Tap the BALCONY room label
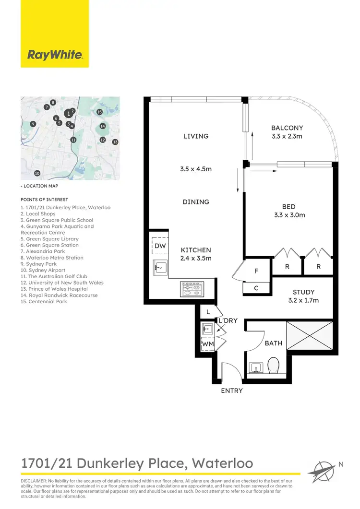click(287, 128)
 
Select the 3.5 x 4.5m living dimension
click(196, 169)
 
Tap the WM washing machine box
click(207, 344)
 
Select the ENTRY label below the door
click(232, 391)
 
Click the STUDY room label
click(303, 292)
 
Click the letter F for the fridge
click(256, 271)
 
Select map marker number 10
click(37, 173)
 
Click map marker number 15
click(99, 112)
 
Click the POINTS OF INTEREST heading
click(44, 200)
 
